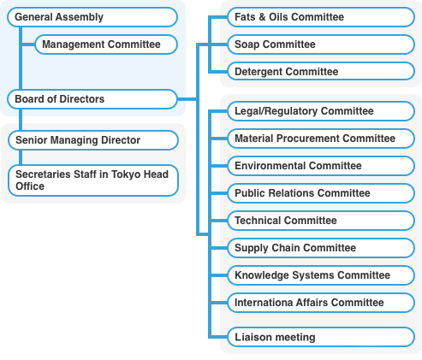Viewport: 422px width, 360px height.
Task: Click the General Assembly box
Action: [x=92, y=17]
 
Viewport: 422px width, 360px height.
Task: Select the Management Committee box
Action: [x=106, y=44]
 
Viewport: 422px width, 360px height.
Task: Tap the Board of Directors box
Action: [x=92, y=99]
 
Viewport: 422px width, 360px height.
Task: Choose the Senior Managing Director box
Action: [x=93, y=140]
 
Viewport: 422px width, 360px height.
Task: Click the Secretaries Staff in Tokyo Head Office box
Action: [x=93, y=180]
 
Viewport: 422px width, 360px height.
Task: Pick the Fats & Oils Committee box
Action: [x=321, y=17]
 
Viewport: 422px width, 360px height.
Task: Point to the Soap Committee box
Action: [x=321, y=44]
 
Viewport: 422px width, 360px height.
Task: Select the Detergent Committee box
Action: [x=321, y=71]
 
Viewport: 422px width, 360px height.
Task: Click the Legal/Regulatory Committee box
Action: [x=321, y=111]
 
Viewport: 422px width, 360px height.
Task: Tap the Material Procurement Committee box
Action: [x=321, y=139]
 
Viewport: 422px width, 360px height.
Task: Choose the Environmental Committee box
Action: [x=321, y=166]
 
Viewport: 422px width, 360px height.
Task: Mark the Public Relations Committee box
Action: [x=321, y=193]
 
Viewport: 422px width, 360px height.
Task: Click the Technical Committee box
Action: [x=321, y=221]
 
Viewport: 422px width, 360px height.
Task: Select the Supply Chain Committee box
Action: [x=321, y=248]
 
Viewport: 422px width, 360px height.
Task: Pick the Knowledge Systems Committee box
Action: [x=321, y=275]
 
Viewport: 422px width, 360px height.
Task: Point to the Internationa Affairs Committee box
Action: [x=321, y=303]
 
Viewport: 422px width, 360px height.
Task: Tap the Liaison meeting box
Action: [x=321, y=337]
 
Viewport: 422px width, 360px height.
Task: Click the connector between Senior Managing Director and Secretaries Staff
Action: [x=21, y=157]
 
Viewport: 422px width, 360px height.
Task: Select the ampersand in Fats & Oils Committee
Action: [x=263, y=17]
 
